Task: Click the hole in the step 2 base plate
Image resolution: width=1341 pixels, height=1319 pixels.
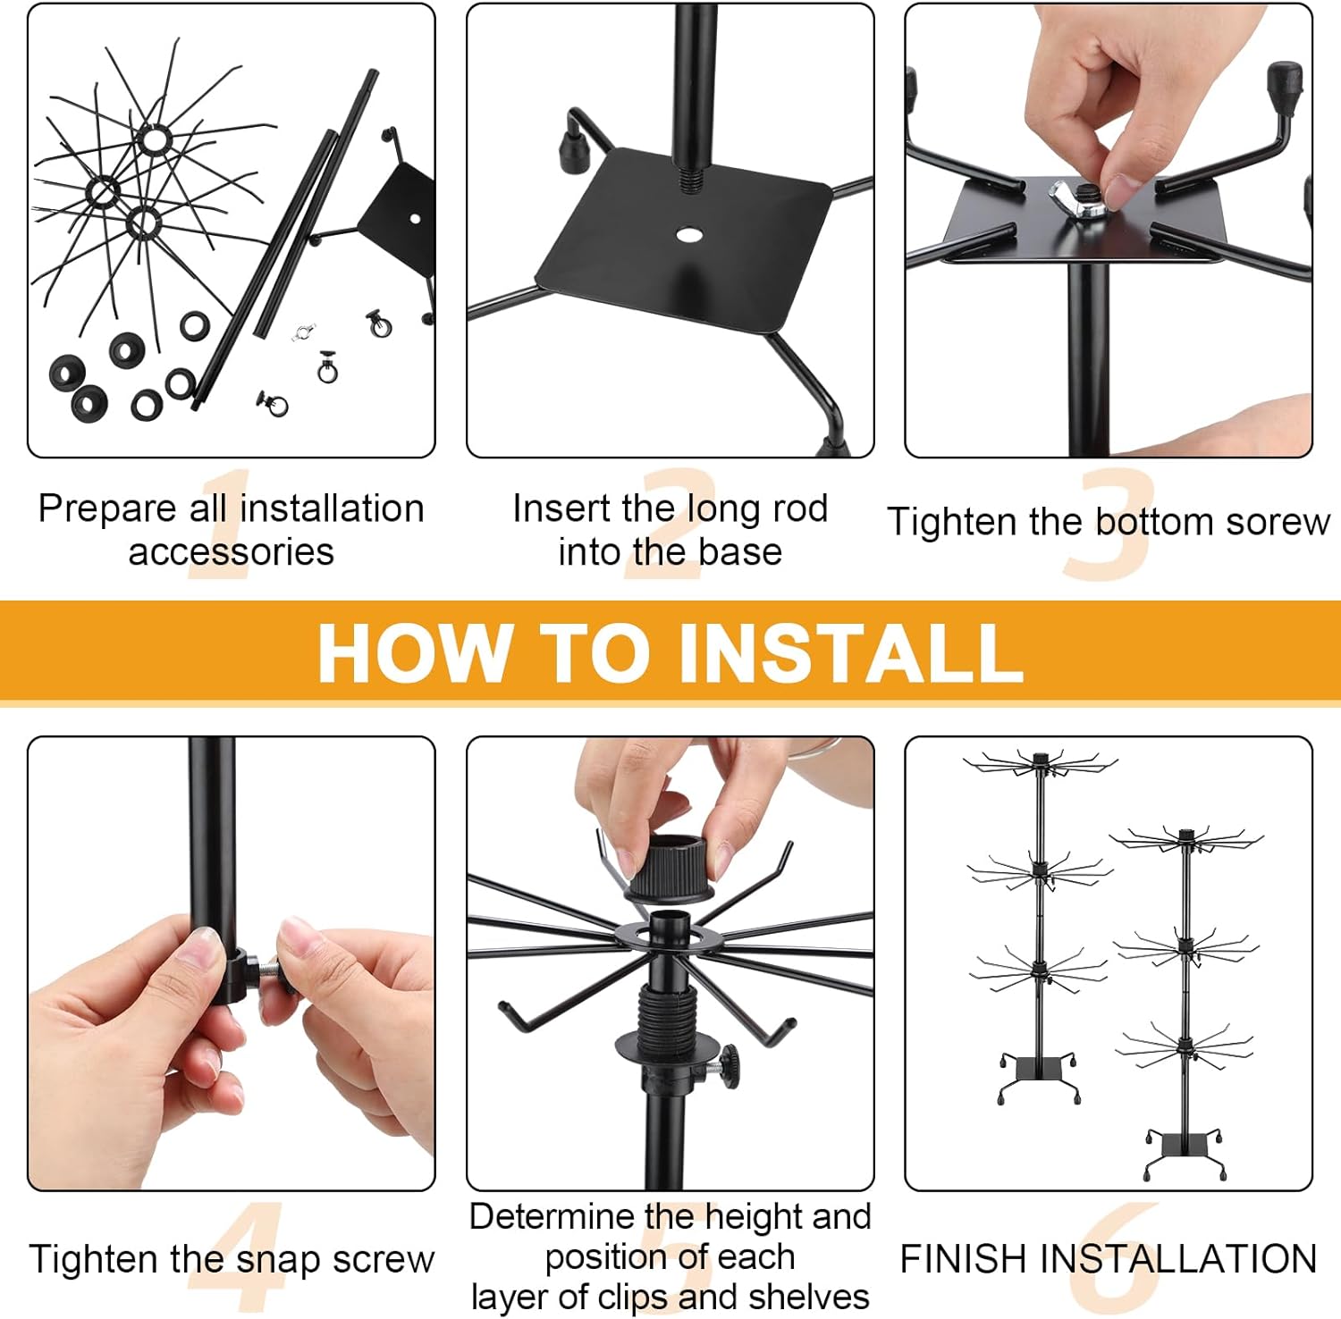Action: coord(688,235)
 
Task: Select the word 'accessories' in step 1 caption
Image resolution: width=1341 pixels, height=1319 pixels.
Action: coord(231,552)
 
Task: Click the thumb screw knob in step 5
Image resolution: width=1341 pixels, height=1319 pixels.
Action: coord(729,1065)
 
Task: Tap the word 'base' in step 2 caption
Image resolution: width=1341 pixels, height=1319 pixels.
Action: coord(740,552)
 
